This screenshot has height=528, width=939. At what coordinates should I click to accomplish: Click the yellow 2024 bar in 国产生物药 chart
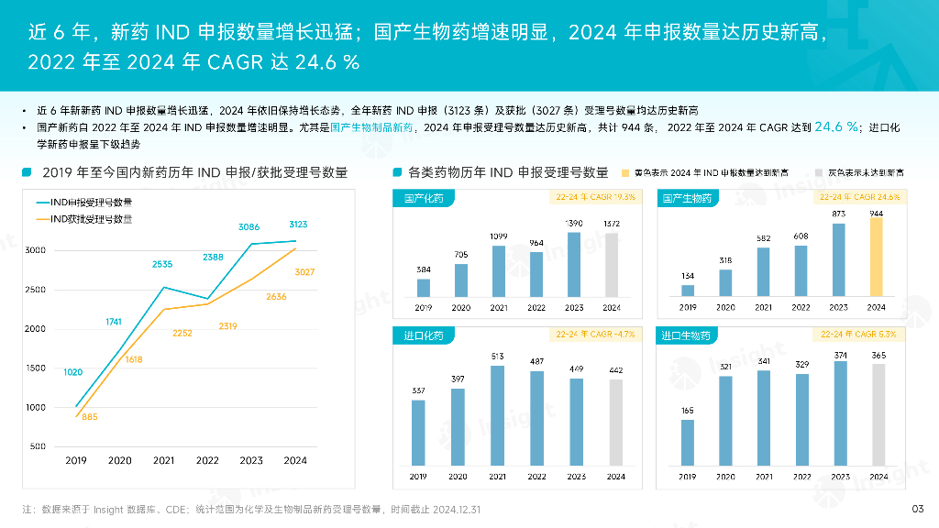[x=878, y=257]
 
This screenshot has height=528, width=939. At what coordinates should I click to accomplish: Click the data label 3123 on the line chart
[x=297, y=225]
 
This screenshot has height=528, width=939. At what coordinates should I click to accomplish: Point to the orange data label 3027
[x=304, y=271]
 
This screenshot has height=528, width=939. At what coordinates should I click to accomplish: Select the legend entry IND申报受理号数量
[x=84, y=202]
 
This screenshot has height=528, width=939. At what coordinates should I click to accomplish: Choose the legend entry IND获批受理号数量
[x=84, y=219]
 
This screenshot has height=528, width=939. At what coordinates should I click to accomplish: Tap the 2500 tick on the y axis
[x=35, y=290]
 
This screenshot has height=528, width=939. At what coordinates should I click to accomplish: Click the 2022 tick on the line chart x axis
[x=207, y=461]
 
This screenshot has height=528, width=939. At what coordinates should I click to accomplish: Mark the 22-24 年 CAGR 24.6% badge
[x=859, y=197]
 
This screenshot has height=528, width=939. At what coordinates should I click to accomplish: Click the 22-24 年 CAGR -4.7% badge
[x=595, y=335]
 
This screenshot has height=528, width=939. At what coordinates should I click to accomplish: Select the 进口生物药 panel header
[x=685, y=336]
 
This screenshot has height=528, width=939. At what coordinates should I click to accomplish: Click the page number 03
[x=916, y=509]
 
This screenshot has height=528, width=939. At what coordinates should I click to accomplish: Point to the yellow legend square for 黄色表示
[x=625, y=172]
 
